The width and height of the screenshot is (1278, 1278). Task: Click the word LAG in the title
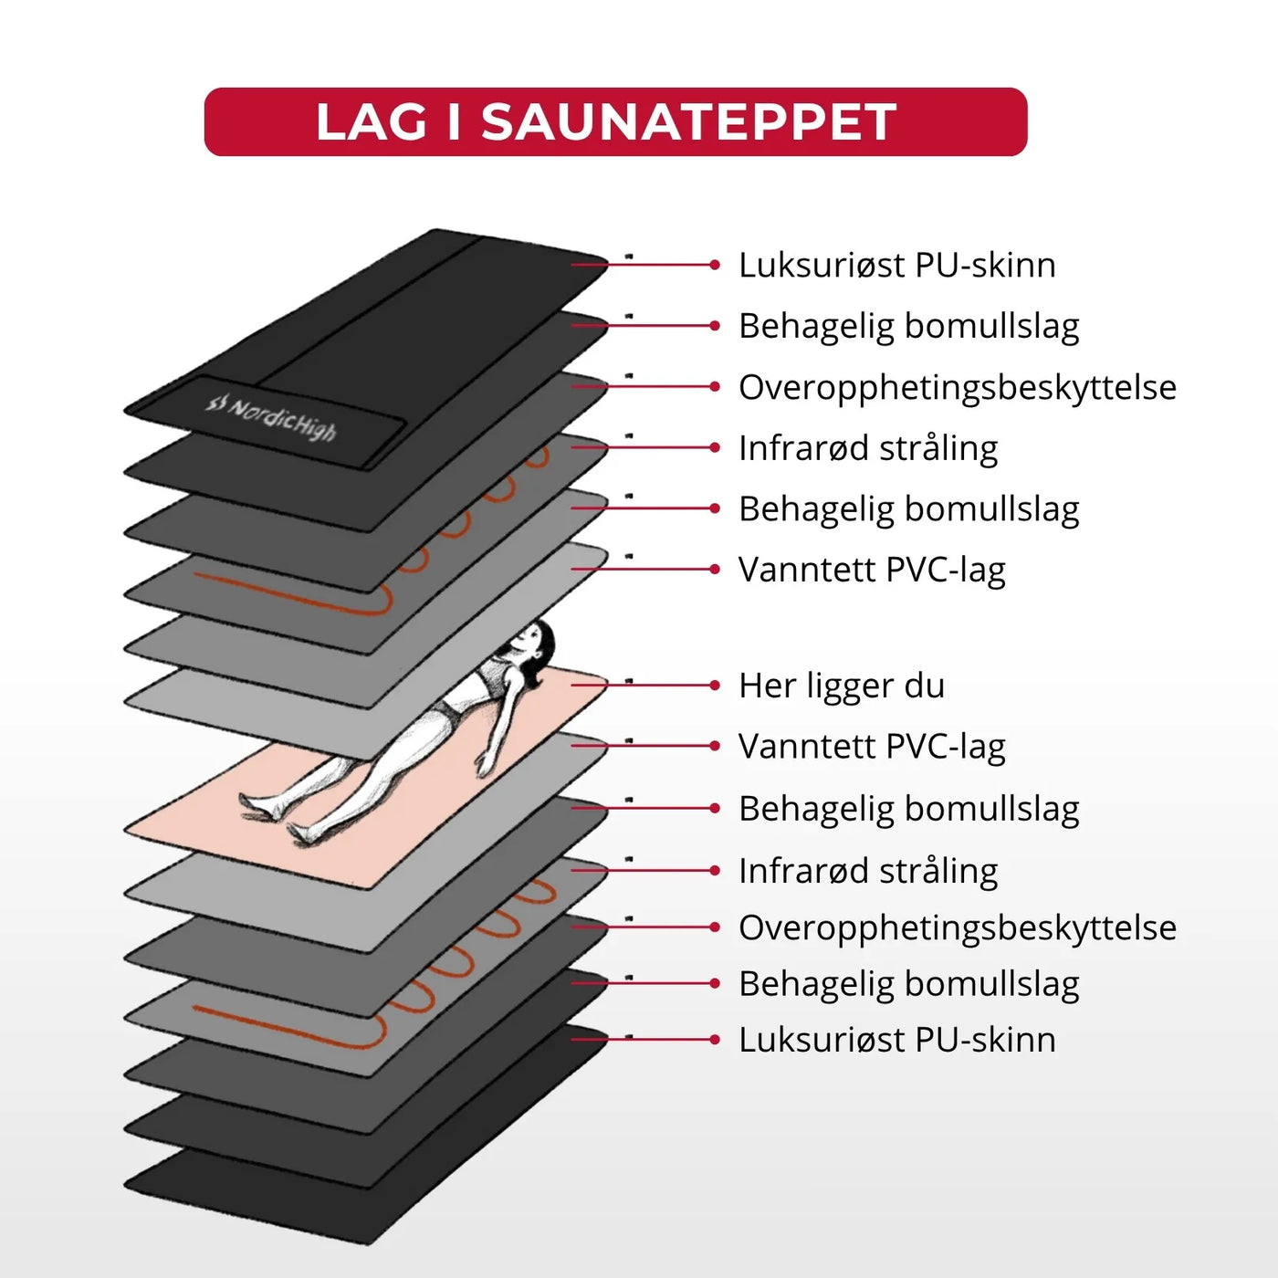(371, 122)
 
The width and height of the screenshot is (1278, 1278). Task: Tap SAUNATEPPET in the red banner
(688, 122)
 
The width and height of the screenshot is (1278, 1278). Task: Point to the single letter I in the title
(455, 122)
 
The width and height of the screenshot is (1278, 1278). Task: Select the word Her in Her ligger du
(767, 686)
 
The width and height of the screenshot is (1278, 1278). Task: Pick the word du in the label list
(925, 686)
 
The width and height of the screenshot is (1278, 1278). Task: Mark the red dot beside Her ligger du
(715, 686)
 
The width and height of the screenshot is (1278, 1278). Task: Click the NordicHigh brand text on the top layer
(283, 419)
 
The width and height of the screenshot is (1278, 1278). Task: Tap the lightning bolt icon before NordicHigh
(215, 402)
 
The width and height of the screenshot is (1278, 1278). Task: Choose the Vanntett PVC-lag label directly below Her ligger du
(872, 747)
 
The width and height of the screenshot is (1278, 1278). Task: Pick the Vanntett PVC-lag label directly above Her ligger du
(872, 570)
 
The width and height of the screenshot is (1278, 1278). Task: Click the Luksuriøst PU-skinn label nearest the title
(896, 266)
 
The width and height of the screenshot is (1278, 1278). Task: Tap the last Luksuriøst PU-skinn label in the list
(896, 1040)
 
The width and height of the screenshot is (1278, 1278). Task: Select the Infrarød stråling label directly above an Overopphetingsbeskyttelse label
(867, 871)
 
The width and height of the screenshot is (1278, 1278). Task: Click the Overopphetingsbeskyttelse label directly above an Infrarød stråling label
(957, 387)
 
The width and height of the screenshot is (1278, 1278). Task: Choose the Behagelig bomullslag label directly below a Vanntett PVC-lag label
(908, 809)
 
